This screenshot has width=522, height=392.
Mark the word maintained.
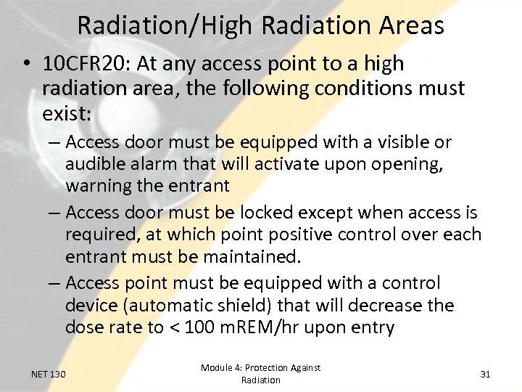[254, 257]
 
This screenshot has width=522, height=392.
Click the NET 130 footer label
[49, 374]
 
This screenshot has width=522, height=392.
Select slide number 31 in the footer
[485, 374]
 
